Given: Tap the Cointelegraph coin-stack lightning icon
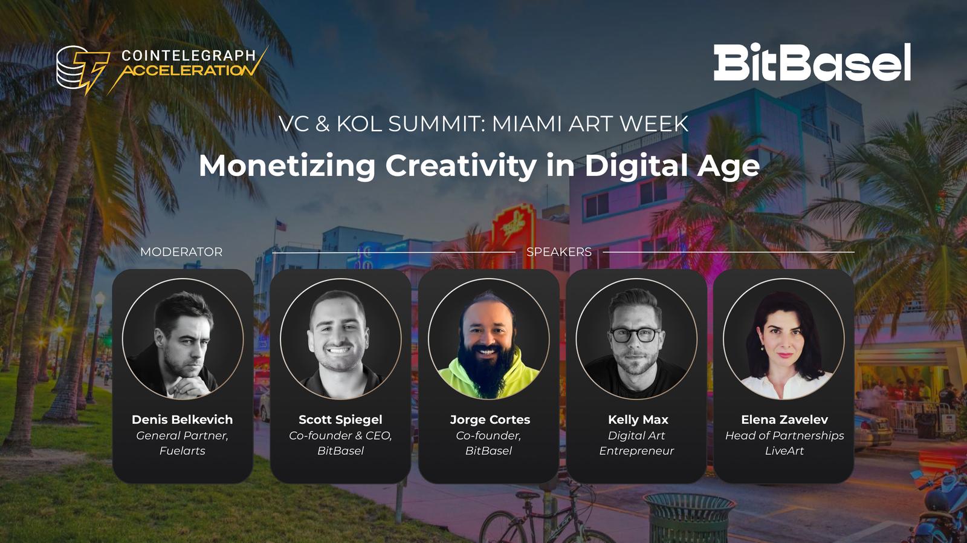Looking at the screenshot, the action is [x=82, y=69].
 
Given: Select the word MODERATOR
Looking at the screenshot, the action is [x=181, y=252].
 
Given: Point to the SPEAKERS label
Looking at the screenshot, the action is [x=559, y=252].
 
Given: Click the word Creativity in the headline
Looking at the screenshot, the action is [x=461, y=166].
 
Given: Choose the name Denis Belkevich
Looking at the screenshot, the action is [x=182, y=420].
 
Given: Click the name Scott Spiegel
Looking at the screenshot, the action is [x=341, y=420].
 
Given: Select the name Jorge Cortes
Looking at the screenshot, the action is [x=490, y=420].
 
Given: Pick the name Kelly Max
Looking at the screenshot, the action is [x=638, y=420].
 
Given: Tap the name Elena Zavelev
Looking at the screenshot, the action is [x=784, y=420].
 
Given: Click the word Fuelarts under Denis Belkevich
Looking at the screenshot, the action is [x=182, y=450].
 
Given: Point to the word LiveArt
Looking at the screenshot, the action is [x=784, y=450].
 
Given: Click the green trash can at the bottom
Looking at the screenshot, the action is [x=689, y=518].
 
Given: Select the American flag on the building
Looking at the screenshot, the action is [x=281, y=225].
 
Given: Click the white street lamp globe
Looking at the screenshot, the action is [x=100, y=299].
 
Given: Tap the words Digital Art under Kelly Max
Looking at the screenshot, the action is [x=636, y=435].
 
